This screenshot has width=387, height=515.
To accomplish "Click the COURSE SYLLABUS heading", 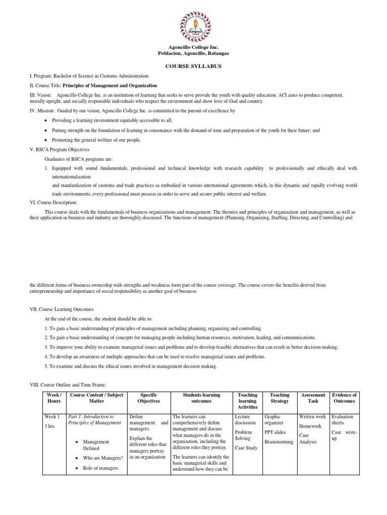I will (x=193, y=66).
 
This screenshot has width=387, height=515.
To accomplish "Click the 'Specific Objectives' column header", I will (x=149, y=398).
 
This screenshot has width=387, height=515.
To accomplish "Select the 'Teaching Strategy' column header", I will (x=280, y=398).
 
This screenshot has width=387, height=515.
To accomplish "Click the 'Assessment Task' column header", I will (x=312, y=398).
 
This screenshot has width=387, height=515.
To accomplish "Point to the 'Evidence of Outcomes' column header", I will (x=344, y=398).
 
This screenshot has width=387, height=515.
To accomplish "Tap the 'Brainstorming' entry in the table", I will (x=279, y=442).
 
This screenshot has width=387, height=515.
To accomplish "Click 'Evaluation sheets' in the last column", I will (x=343, y=420).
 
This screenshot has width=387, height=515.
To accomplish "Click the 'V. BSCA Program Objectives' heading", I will (x=60, y=149).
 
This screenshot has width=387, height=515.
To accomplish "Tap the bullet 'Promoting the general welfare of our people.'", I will (x=97, y=140).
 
